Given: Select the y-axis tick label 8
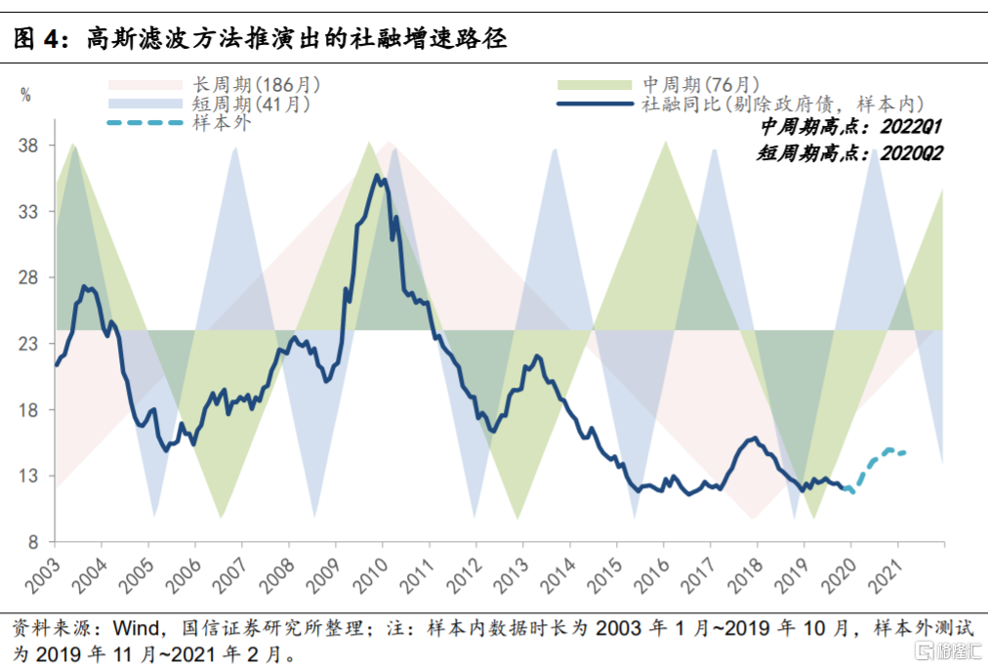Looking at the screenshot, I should [x=32, y=542].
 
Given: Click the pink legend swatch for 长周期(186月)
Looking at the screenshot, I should [x=145, y=85].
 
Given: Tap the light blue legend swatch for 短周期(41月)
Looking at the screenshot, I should [x=145, y=103].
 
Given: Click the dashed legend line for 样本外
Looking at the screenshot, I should [x=145, y=122].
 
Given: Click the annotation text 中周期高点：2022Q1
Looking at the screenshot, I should [x=850, y=128].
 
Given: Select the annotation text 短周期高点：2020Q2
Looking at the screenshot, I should [x=850, y=153].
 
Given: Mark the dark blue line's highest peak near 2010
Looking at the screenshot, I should [x=379, y=176].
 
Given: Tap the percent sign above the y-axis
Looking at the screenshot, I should [x=25, y=95].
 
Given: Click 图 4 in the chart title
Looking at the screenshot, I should [x=37, y=39].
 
